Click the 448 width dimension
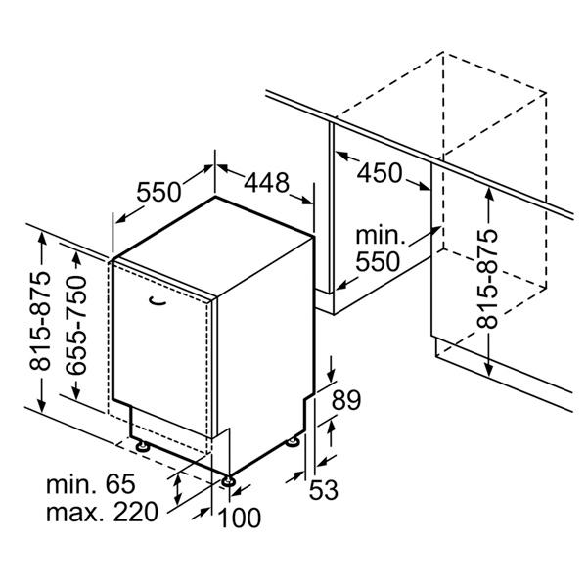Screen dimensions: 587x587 [266, 183]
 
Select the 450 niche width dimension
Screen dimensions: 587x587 [380, 173]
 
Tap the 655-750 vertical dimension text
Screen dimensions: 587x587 [76, 325]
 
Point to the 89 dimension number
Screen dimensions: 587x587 [346, 400]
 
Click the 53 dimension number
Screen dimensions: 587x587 [324, 489]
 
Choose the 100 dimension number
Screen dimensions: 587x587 [240, 518]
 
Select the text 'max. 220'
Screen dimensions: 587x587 [102, 512]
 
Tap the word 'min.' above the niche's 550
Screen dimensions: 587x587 [381, 236]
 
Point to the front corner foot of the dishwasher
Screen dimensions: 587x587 [228, 481]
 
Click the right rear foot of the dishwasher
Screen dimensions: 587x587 [293, 442]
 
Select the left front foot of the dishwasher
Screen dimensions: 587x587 [142, 445]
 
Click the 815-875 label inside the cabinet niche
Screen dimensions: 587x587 [487, 279]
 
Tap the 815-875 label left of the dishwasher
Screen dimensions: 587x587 [40, 321]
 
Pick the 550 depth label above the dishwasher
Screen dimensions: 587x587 [158, 192]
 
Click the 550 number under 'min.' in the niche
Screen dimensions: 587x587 [378, 261]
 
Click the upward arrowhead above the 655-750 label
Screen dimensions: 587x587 [76, 259]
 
